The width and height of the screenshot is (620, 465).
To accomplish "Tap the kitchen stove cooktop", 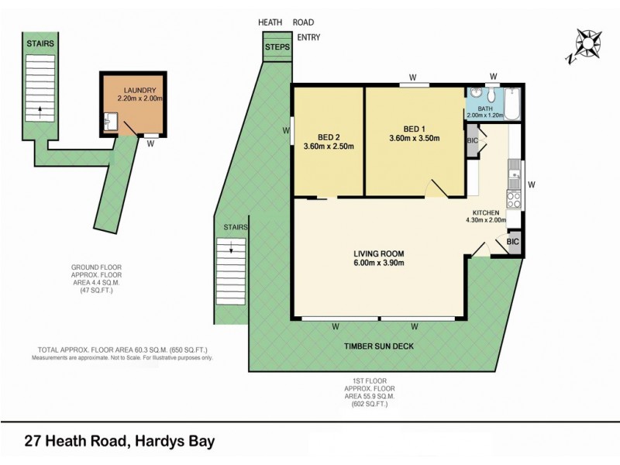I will click(x=514, y=198).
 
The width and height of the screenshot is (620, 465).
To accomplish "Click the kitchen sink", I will click(x=514, y=168).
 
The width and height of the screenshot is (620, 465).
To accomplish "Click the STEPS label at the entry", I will click(x=277, y=47).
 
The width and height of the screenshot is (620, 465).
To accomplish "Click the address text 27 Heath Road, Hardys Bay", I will click(x=119, y=443).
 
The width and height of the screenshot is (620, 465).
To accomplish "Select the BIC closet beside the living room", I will click(x=512, y=242).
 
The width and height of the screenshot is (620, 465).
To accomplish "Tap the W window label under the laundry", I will click(x=150, y=143).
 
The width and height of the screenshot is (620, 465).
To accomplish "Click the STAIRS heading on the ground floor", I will click(x=40, y=44).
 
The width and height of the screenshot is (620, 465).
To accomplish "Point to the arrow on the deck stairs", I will click(x=232, y=248).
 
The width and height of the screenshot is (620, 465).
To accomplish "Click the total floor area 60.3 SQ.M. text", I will click(x=122, y=350).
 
